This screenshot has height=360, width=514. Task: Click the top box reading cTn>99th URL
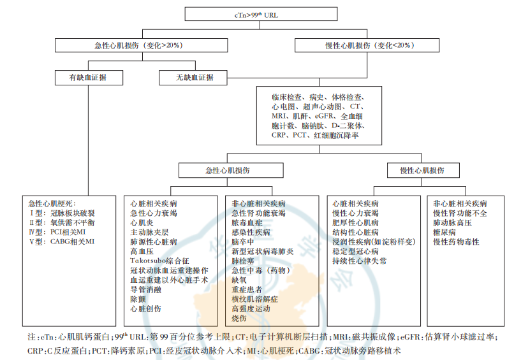coord(261,14)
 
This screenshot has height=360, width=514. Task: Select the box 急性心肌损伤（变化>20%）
coord(142,45)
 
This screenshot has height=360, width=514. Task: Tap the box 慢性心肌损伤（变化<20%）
coord(367,45)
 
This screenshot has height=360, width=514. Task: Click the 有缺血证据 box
coord(89,78)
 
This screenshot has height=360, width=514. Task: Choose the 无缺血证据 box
coord(193,78)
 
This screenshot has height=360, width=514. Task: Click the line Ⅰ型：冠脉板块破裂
coord(62,213)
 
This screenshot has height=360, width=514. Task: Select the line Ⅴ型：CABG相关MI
coord(62,241)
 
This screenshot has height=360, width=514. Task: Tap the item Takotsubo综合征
coord(159,261)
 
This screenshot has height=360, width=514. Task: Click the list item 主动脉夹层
coord(149,232)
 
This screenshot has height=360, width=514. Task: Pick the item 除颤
coord(138,299)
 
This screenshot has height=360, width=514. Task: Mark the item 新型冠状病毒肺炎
coord(263,251)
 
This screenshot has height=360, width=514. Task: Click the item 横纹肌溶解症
coord(254,299)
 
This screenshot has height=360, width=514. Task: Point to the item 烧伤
coord(239,318)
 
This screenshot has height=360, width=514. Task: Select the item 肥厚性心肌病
coord(355,223)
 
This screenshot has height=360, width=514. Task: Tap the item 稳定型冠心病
coord(355,251)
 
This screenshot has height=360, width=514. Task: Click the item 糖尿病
coord(444,232)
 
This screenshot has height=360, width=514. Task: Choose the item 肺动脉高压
coord(452,223)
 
